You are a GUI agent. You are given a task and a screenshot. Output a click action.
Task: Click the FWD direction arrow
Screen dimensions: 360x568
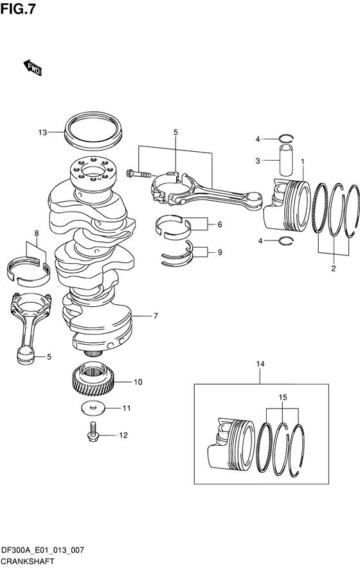[33, 68]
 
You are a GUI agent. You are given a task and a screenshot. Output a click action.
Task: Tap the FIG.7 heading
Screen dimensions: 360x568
[18, 10]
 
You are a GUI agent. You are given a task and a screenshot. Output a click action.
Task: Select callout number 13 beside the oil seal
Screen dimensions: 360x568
[42, 133]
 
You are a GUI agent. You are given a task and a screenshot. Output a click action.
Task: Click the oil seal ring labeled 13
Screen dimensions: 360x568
[93, 131]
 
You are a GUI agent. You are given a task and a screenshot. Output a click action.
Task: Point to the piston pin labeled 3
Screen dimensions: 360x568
[285, 160]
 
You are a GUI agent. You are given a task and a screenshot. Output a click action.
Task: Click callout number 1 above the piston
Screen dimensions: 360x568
[302, 161]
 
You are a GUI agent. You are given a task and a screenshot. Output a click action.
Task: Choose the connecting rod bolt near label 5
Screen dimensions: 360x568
[139, 174]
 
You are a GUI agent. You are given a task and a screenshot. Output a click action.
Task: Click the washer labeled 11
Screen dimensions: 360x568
[93, 408]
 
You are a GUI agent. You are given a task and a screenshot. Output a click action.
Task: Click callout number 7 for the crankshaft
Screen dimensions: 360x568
[156, 316]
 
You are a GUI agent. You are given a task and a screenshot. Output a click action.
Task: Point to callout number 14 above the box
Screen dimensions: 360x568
[260, 363]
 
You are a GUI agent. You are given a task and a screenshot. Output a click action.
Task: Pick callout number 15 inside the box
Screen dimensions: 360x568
[283, 398]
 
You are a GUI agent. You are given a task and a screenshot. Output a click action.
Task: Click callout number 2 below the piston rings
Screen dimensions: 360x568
[333, 268]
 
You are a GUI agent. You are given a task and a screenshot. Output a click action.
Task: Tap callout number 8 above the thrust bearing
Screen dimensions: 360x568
[36, 234]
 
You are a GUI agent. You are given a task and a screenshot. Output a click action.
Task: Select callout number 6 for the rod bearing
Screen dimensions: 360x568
[219, 224]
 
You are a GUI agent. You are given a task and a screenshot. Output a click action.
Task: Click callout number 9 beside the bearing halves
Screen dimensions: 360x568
[220, 252]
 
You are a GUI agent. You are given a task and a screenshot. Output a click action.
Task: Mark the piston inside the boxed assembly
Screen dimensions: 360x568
[231, 446]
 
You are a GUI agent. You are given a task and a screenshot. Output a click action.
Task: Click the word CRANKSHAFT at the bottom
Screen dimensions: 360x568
[28, 562]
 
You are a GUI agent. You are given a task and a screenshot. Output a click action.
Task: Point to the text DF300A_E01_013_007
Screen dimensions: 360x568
[42, 551]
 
